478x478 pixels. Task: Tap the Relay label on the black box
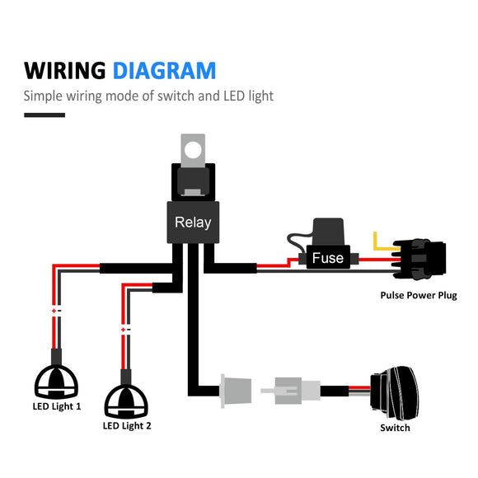pos(193,223)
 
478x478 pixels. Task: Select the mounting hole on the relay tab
pos(193,150)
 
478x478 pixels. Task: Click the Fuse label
pos(327,258)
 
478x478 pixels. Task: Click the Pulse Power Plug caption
pos(418,295)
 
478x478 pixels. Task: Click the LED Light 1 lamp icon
pos(56,382)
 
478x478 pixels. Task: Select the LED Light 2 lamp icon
pos(126,401)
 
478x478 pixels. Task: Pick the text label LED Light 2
pos(126,426)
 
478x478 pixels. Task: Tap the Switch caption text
pos(395,428)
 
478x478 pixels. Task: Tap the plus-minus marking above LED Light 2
pos(125,329)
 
